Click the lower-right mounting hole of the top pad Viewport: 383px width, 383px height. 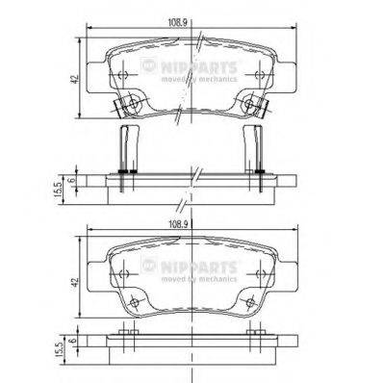tap(252, 100)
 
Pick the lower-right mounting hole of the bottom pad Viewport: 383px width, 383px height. tap(252, 300)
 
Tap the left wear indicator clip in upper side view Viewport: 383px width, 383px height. tap(122, 148)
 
